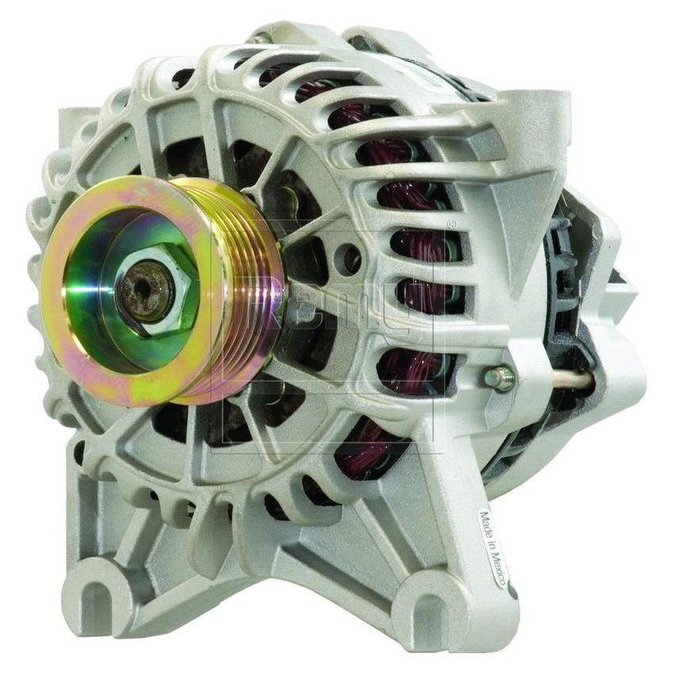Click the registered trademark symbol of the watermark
tap(452, 225)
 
